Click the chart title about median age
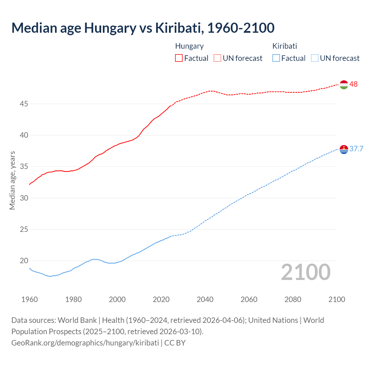tap(143, 28)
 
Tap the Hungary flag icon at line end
tap(343, 85)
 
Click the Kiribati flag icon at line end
tap(343, 149)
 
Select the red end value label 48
tap(353, 84)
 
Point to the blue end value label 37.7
tap(356, 149)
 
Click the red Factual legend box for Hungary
tap(179, 58)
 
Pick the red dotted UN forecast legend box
tap(217, 58)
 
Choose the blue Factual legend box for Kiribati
tap(276, 58)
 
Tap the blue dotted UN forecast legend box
tap(314, 58)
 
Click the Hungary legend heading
tap(189, 46)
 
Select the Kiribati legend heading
tap(285, 46)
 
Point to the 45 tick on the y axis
tap(24, 104)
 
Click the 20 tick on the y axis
tap(24, 261)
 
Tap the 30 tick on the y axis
tap(24, 198)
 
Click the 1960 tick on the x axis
tap(30, 299)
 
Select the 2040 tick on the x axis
tap(205, 299)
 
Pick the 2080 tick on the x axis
tap(293, 299)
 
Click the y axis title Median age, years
tap(12, 180)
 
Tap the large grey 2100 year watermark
tap(305, 272)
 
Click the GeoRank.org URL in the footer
tap(85, 343)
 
